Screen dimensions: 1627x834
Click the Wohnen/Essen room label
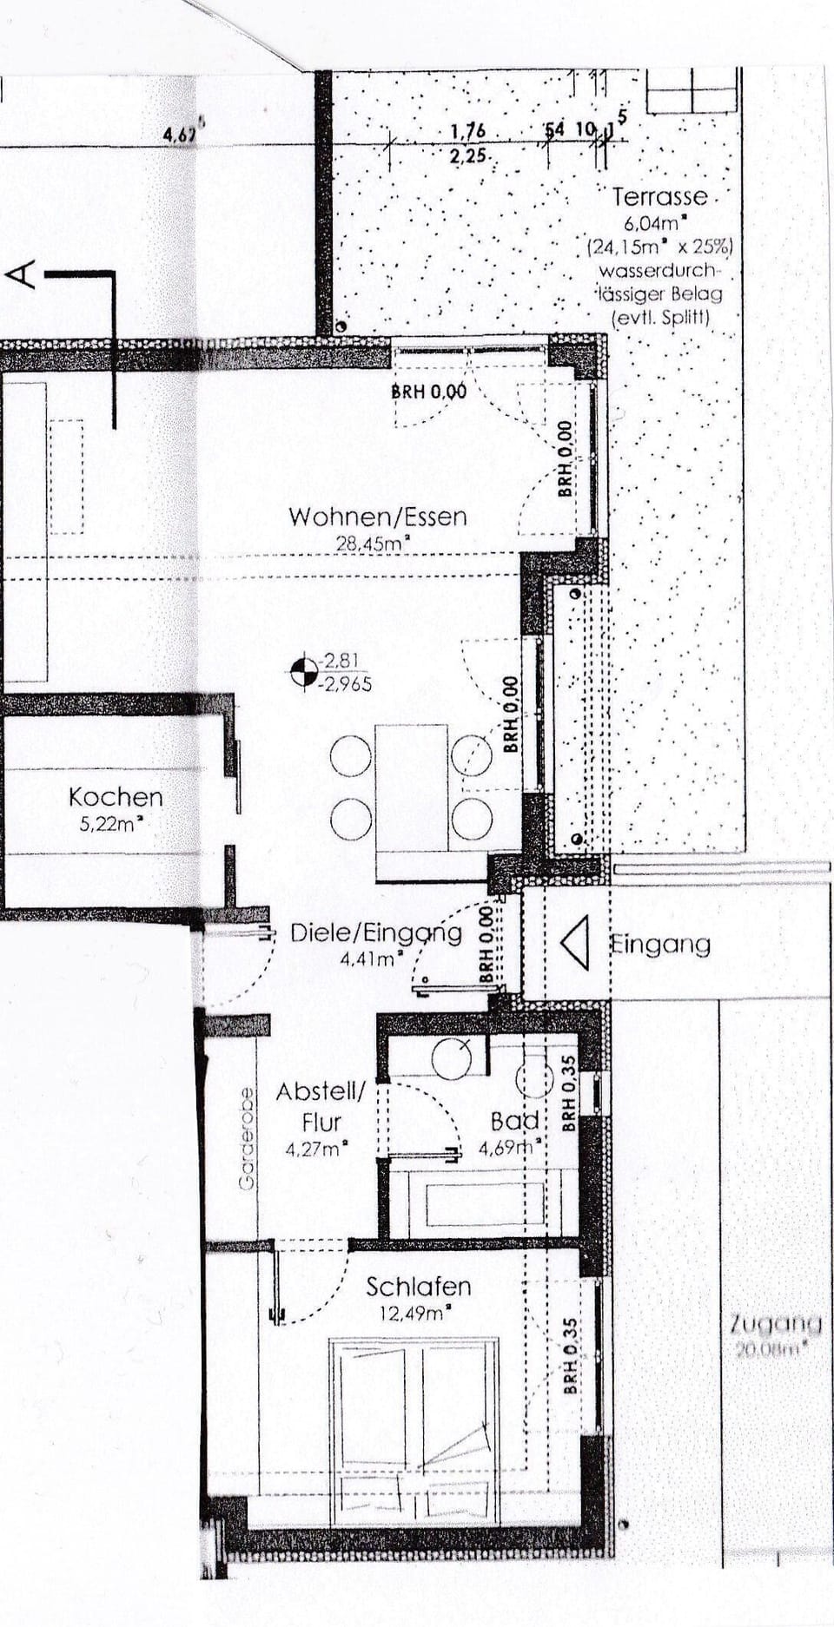377,517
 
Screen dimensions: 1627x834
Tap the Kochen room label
116,797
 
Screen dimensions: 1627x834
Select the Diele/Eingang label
375,933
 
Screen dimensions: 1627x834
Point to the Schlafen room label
418,1286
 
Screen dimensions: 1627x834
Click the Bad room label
514,1121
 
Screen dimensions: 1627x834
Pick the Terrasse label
659,196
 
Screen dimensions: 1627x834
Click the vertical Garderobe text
247,1138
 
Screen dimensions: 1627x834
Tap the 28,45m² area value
374,543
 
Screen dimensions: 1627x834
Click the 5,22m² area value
110,823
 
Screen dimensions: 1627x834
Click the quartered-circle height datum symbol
304,672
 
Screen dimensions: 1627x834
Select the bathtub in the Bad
484,1203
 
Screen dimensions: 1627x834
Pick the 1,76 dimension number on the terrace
467,131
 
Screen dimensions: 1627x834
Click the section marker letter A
21,274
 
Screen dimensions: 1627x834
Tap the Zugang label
775,1324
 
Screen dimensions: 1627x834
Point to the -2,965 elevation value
346,684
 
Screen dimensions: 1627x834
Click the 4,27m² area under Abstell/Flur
316,1149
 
